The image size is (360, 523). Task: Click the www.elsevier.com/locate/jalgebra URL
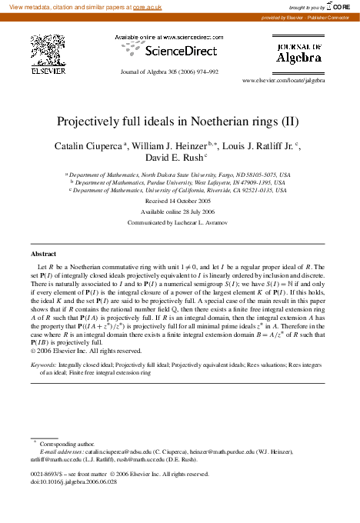(x=283, y=80)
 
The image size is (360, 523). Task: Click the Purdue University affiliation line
(x=179, y=182)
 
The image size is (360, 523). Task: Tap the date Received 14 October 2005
(x=180, y=199)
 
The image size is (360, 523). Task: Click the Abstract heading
(x=43, y=253)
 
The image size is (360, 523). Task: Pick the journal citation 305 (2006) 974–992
(x=192, y=72)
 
